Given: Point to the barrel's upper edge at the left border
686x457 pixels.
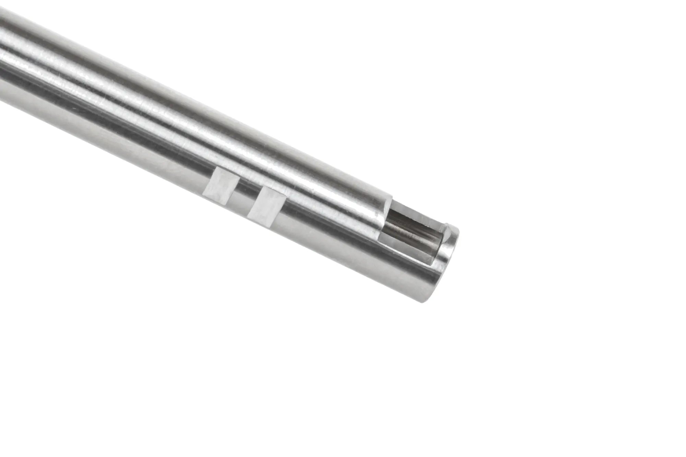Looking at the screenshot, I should (x=1, y=9).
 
